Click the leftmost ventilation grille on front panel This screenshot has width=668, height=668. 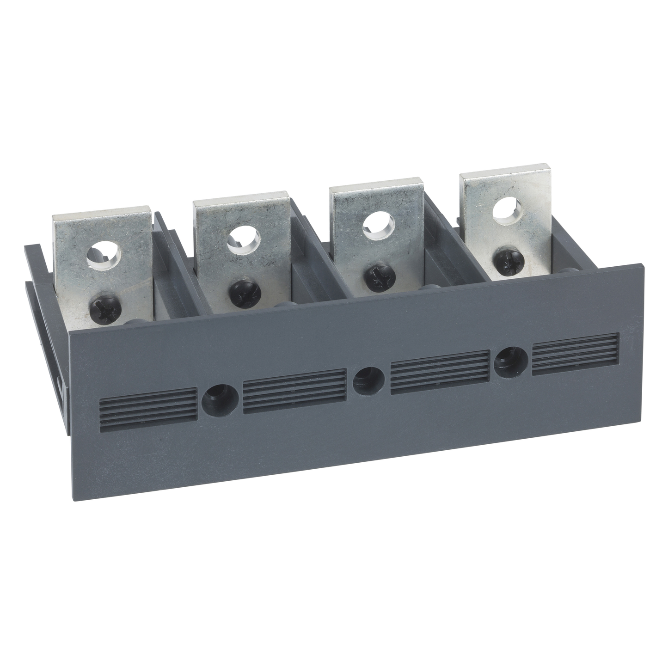click(x=148, y=406)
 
